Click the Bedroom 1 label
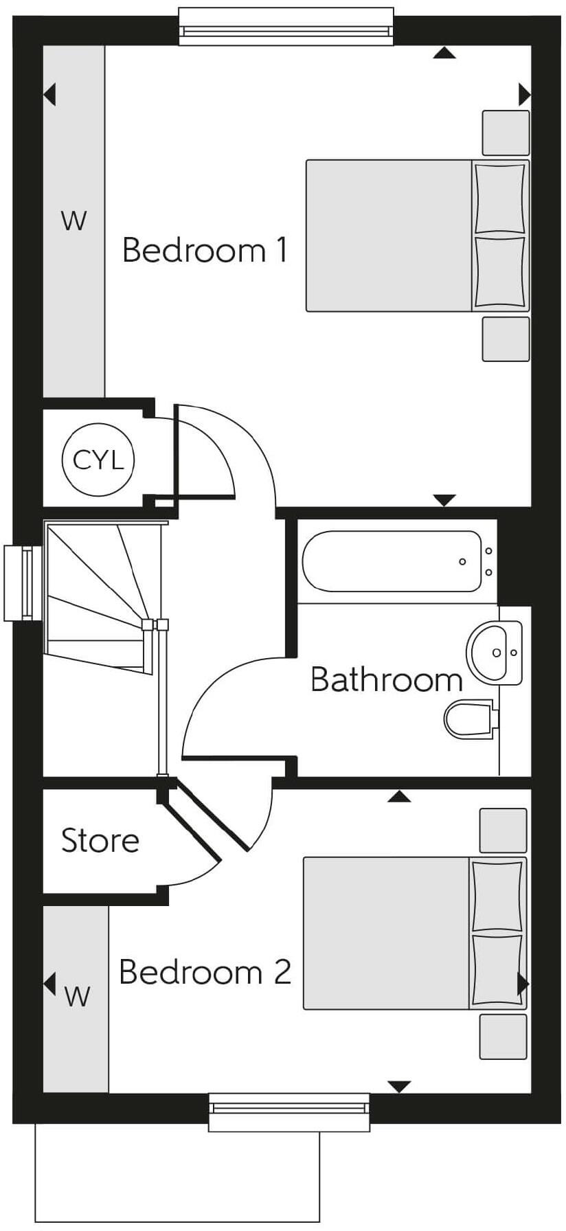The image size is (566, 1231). [205, 251]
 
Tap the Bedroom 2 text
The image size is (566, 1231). [205, 973]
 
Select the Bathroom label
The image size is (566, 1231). [387, 680]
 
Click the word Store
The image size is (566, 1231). [100, 841]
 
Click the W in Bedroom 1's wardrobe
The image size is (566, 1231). [74, 221]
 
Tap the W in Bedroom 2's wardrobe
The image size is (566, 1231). [77, 996]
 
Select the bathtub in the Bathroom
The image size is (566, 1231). [392, 561]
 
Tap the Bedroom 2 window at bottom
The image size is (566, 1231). [288, 1111]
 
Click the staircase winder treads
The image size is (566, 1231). [96, 591]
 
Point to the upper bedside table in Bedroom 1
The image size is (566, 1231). [506, 133]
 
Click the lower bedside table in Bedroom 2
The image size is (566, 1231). [503, 1036]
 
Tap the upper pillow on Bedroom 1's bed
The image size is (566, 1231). [500, 198]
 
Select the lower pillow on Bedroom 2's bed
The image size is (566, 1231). [497, 969]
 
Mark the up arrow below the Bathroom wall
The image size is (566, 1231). [399, 797]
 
